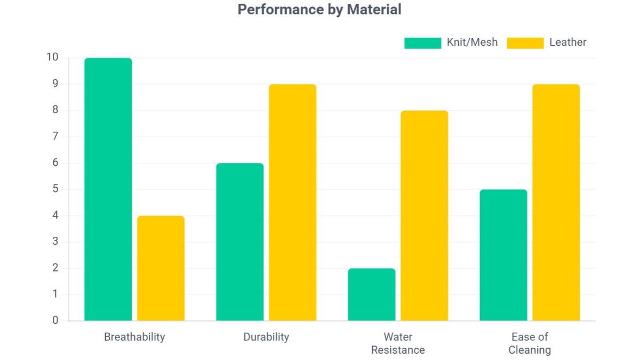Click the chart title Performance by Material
pyautogui.click(x=319, y=10)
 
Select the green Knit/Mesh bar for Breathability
pyautogui.click(x=108, y=189)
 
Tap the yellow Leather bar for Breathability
pyautogui.click(x=161, y=268)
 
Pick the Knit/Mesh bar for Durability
pyautogui.click(x=239, y=242)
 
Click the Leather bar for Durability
pyautogui.click(x=292, y=203)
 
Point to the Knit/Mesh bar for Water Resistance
pyautogui.click(x=371, y=294)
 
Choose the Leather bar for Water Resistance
pyautogui.click(x=424, y=215)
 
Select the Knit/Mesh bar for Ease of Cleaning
pyautogui.click(x=503, y=255)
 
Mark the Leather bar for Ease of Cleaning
pyautogui.click(x=556, y=203)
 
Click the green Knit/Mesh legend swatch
pyautogui.click(x=422, y=43)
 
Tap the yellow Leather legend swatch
pyautogui.click(x=525, y=43)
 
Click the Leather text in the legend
pyautogui.click(x=567, y=43)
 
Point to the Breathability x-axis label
pyautogui.click(x=134, y=337)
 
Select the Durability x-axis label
pyautogui.click(x=266, y=337)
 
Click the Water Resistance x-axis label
pyautogui.click(x=398, y=343)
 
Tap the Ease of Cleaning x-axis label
pyautogui.click(x=530, y=343)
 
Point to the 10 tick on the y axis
pyautogui.click(x=53, y=58)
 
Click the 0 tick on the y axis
pyautogui.click(x=55, y=321)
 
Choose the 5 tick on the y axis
pyautogui.click(x=55, y=189)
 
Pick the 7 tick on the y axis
pyautogui.click(x=55, y=137)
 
